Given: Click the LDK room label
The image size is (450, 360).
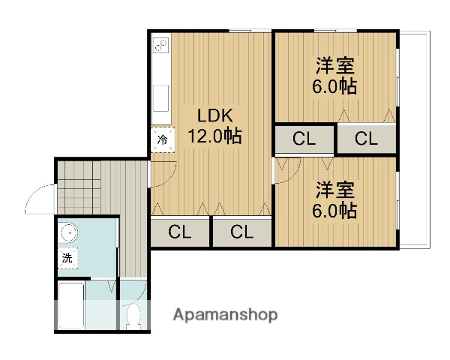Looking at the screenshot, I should click(x=216, y=116).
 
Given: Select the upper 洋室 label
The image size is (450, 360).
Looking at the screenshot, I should click(x=334, y=65).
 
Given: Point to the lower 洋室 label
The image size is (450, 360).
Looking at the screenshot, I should click(x=334, y=189).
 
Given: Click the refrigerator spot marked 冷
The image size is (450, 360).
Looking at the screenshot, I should click(x=162, y=139).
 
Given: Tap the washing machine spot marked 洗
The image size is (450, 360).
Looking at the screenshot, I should click(x=67, y=258).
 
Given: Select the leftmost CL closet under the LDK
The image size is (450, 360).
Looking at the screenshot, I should click(x=180, y=232).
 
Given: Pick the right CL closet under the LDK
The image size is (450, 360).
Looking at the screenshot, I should click(x=241, y=232).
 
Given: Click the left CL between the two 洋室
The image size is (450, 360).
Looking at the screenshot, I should click(x=304, y=139).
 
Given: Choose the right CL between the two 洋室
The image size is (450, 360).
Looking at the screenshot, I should click(x=365, y=139).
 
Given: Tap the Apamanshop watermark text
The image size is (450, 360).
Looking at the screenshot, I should click(x=225, y=315).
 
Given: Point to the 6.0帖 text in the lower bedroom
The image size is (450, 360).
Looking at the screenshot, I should click(x=334, y=210).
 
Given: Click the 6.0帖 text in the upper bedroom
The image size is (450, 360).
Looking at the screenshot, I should click(x=334, y=85).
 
